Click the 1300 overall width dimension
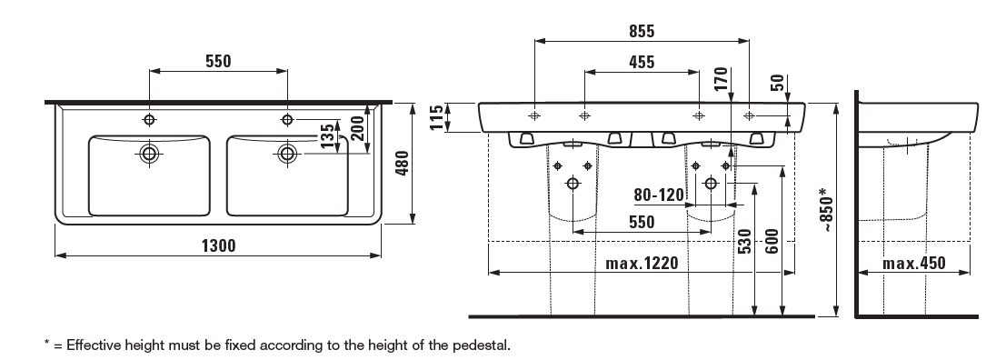[x=218, y=245]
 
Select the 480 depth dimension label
[x=402, y=164]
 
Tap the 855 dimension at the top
[x=642, y=31]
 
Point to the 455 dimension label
[x=642, y=62]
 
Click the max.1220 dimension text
[x=642, y=263]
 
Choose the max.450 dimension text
[x=913, y=263]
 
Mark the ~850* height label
[x=826, y=209]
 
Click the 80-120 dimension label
[x=660, y=195]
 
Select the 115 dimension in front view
[x=437, y=117]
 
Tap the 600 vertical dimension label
[x=772, y=241]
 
